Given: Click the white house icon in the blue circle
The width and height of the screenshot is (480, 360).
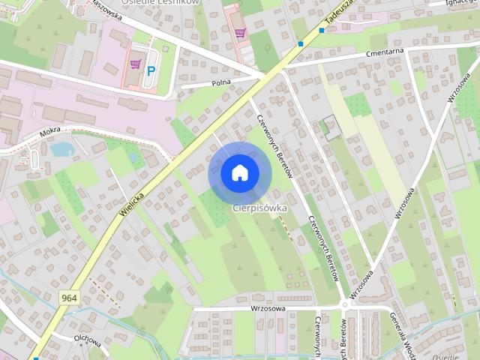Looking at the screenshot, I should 238,173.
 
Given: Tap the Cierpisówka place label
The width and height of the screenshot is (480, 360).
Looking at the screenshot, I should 259,208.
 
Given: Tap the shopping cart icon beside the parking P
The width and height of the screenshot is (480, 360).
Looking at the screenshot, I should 135,64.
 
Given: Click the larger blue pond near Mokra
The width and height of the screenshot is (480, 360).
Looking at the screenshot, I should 61,148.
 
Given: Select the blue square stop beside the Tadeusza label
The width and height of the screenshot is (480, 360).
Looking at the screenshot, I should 322,31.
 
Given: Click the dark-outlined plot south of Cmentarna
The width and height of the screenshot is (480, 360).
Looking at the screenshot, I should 330,127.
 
